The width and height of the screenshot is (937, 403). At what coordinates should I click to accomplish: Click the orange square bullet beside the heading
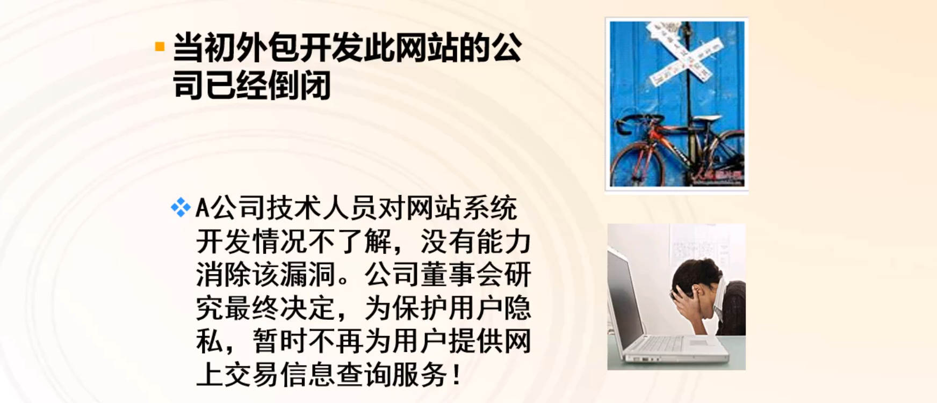(x=160, y=47)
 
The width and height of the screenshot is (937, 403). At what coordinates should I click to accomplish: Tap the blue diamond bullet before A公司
(x=180, y=207)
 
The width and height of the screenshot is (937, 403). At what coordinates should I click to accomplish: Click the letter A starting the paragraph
(x=202, y=208)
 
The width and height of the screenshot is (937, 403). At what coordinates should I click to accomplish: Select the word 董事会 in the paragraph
(x=433, y=275)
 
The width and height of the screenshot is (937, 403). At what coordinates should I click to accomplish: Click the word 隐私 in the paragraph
(x=516, y=308)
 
